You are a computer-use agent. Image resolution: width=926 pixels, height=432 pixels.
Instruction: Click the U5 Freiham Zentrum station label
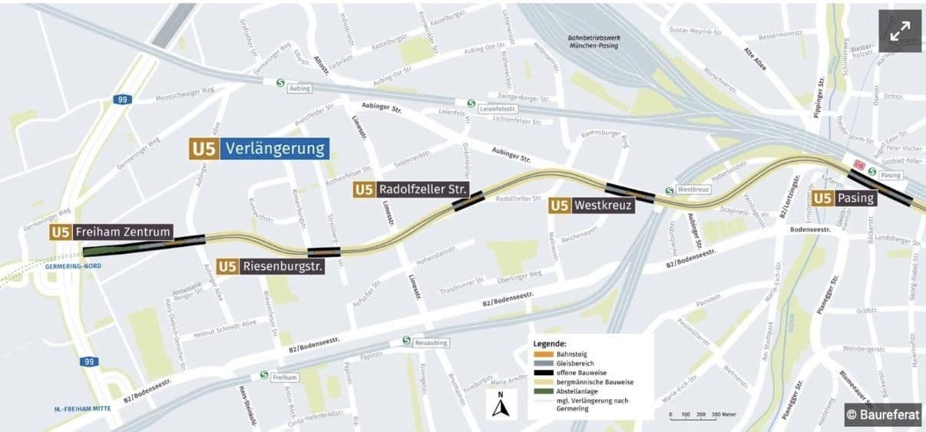(111, 232)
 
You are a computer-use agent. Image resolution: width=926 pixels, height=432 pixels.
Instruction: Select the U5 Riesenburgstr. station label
(270, 266)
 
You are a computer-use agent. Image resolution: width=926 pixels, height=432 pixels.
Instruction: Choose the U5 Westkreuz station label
(592, 206)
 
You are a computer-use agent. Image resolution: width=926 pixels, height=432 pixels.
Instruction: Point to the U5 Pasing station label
(845, 198)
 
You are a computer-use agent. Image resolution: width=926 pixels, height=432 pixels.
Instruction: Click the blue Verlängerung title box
(276, 148)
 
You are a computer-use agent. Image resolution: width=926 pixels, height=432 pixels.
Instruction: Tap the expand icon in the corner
(900, 31)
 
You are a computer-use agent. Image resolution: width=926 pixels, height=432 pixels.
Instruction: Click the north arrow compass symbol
(501, 404)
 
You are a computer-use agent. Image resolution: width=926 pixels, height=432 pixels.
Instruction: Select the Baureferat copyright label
(883, 414)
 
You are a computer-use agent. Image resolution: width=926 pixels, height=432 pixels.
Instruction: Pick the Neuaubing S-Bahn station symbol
(406, 341)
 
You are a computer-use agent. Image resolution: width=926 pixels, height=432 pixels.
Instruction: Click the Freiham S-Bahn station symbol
(264, 376)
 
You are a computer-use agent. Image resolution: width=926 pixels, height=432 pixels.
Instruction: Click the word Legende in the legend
(550, 343)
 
